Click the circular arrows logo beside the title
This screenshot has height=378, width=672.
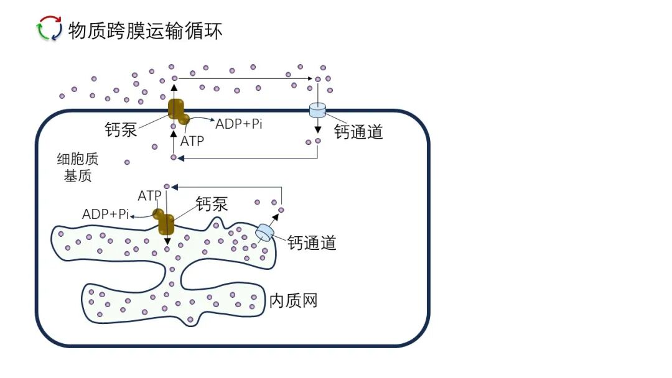point(50,29)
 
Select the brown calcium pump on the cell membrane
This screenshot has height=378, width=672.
point(179,111)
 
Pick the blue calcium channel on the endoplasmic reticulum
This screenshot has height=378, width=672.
point(264,233)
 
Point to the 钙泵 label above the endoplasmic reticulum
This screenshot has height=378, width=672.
point(212,203)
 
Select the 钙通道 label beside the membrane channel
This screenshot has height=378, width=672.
point(358,131)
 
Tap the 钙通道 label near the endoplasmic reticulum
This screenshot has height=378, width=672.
point(312,243)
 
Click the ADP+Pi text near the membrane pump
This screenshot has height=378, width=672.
point(239,123)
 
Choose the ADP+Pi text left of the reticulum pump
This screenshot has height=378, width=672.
point(106,214)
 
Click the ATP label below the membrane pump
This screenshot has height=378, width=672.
point(192,141)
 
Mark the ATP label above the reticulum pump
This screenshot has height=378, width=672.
point(150,196)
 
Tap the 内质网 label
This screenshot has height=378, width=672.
point(294,301)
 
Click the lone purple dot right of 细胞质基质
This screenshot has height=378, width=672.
point(127,162)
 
